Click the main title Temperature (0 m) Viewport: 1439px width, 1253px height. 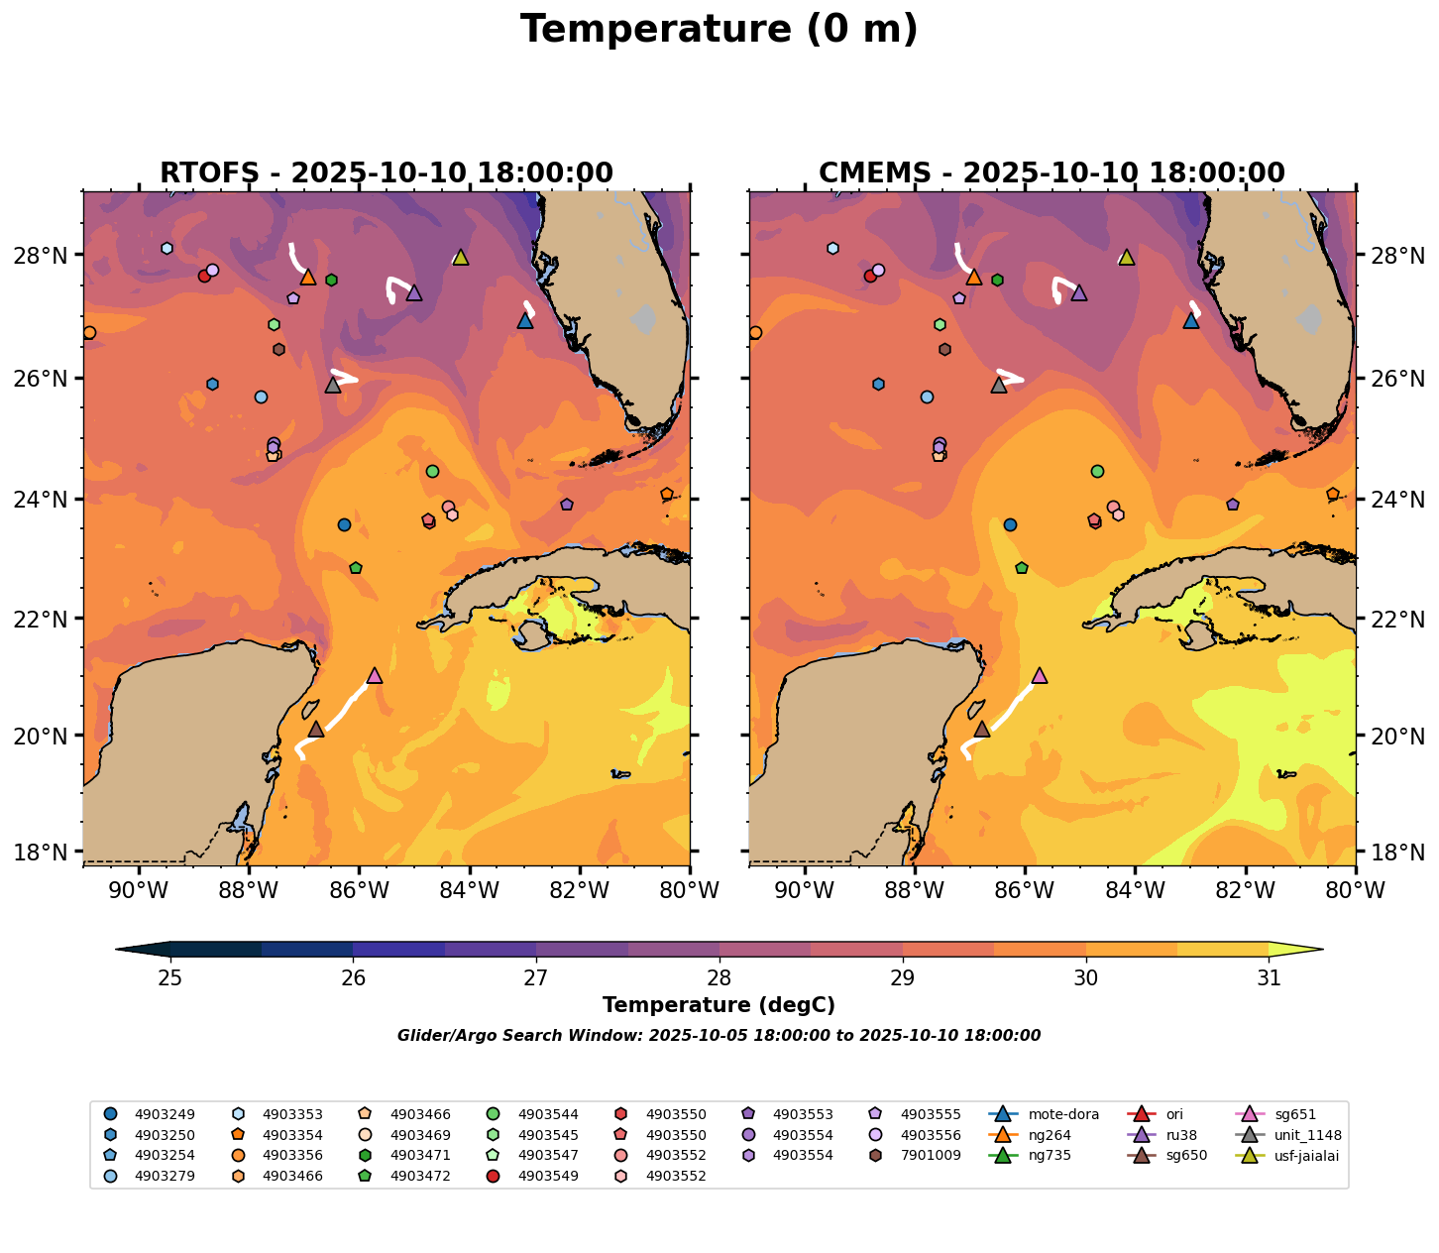719,30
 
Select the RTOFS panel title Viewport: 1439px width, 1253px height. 387,173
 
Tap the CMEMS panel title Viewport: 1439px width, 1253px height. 1052,173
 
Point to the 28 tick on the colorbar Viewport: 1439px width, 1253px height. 719,978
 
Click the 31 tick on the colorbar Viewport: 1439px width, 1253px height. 1269,978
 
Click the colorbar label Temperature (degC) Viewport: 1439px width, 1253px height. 719,1005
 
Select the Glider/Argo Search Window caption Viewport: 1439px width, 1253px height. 719,1036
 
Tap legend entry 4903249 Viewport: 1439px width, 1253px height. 164,1114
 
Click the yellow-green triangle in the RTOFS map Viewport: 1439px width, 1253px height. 460,258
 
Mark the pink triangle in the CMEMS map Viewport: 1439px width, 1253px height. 1040,676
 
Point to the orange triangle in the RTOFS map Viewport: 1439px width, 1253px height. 308,278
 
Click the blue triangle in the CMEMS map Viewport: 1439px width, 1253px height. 1191,321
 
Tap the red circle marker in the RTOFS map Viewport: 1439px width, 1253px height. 204,276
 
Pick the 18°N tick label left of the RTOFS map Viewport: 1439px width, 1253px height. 46,853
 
